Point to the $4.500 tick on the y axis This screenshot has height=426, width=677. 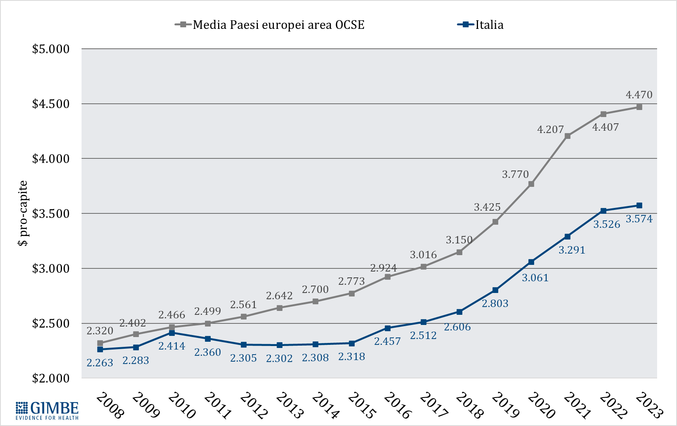pos(51,104)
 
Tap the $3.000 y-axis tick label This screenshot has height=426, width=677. pos(51,268)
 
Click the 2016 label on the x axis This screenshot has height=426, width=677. pos(397,405)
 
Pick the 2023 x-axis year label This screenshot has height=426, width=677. pos(649,405)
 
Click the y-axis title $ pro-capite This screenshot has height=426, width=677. pos(23,213)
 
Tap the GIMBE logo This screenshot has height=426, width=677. pos(47,410)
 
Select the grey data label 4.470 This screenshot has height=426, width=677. pos(639,95)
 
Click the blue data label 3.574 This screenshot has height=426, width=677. pos(639,219)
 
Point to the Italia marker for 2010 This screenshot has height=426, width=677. pos(172,333)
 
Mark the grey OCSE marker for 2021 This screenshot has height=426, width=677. pos(567,136)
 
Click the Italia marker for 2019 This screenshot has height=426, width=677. pos(495,290)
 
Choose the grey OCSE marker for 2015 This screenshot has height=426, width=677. pos(352,293)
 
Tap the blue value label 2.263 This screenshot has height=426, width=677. pos(100,363)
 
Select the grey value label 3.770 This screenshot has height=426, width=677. pos(515,174)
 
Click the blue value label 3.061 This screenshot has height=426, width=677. pos(535,278)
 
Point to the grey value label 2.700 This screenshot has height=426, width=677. pos(315,289)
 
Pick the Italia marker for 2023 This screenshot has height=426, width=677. pos(639,206)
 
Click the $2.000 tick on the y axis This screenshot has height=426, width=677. pos(51,378)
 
